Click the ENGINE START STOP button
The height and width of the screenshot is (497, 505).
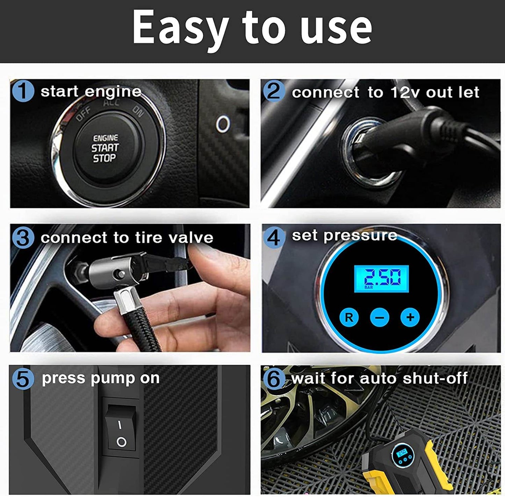tap(105, 148)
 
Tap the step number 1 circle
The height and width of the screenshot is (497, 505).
tap(23, 91)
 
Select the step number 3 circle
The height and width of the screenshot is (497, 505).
tap(23, 238)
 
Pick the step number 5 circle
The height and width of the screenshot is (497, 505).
tap(23, 379)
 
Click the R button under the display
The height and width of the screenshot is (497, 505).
tap(349, 317)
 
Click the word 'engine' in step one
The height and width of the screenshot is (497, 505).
tap(113, 92)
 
